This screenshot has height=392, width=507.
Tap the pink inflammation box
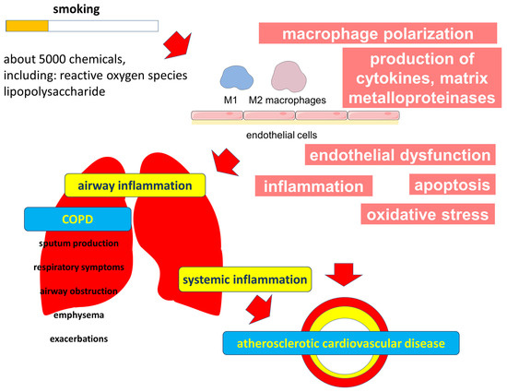(313, 186)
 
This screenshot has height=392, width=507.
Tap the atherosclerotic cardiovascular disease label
(342, 343)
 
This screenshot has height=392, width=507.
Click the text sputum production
(79, 244)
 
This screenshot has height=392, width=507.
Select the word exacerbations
(79, 339)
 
